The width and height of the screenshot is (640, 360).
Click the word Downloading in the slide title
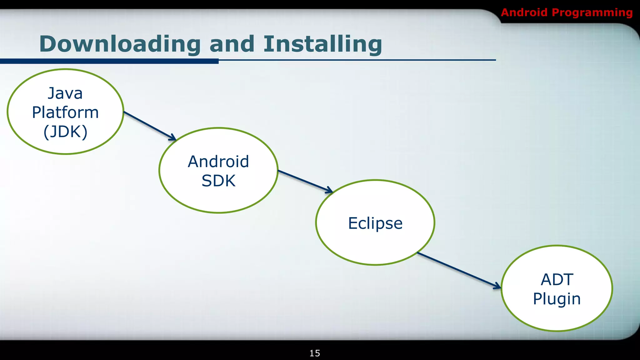[x=120, y=44]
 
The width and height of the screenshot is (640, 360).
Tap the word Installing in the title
[x=322, y=44]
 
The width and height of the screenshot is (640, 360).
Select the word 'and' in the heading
[x=232, y=44]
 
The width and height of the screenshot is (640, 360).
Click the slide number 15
[x=315, y=353]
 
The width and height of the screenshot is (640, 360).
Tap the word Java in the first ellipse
[x=65, y=93]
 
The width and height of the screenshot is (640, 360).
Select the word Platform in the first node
[x=65, y=112]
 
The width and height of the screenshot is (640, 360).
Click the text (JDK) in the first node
[x=65, y=132]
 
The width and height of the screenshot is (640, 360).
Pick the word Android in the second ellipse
[x=218, y=162]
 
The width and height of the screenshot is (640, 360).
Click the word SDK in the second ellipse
[x=218, y=181]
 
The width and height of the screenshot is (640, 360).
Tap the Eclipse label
[x=375, y=223]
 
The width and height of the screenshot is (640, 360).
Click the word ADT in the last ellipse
[x=557, y=279]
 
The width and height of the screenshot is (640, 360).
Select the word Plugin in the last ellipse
[x=557, y=299]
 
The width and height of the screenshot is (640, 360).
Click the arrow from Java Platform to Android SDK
[x=149, y=125]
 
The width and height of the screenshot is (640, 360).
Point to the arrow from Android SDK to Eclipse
[x=305, y=181]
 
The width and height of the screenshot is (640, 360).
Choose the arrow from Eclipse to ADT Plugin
[x=459, y=270]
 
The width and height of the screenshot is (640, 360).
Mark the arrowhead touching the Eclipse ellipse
[x=330, y=190]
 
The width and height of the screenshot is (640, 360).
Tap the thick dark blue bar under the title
[x=109, y=61]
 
